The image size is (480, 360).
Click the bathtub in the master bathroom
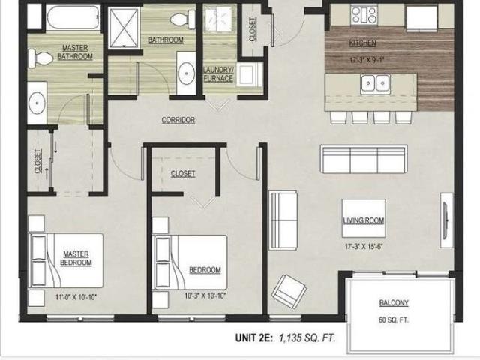tap(72, 17)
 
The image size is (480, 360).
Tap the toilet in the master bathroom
tap(43, 56)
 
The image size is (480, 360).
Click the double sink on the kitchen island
tap(372, 83)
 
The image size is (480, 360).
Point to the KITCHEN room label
tap(363, 43)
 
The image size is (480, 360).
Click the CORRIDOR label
tap(178, 120)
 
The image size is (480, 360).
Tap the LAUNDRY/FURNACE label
tap(218, 74)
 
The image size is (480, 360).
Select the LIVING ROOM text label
tap(364, 220)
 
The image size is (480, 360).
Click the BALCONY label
tap(394, 303)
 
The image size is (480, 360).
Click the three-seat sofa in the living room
tap(364, 159)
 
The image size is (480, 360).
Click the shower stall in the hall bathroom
tap(122, 28)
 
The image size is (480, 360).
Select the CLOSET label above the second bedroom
tap(183, 173)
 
